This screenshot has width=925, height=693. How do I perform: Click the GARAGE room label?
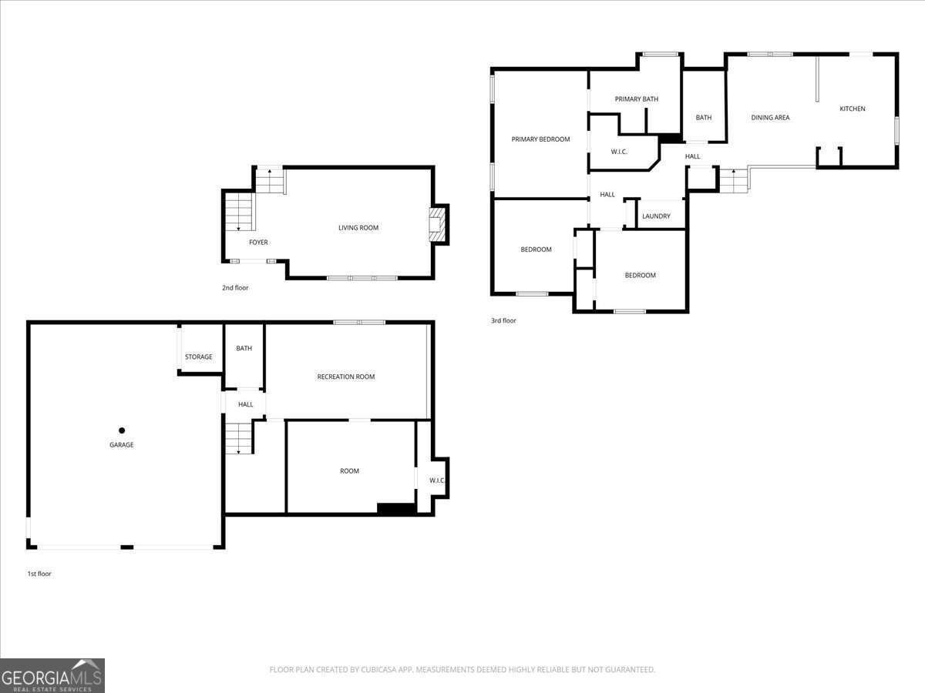click(x=121, y=445)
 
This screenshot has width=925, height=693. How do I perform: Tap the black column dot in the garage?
click(x=122, y=430)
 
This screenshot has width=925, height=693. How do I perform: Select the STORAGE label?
click(x=198, y=357)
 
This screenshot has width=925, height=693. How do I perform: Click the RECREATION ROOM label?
click(x=346, y=377)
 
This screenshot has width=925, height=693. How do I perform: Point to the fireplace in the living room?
click(x=438, y=224)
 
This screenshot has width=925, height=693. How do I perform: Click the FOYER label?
click(x=258, y=243)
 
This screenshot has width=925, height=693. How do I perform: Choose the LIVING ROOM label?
click(x=358, y=228)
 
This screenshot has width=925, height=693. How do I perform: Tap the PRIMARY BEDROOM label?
click(x=540, y=139)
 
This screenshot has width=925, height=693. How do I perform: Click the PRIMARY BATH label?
click(x=636, y=99)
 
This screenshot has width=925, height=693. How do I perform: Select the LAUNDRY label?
click(x=656, y=216)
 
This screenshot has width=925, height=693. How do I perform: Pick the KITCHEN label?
click(x=853, y=109)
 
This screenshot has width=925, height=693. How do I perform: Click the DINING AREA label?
click(x=770, y=118)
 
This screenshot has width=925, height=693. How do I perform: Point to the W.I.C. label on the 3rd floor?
click(x=619, y=152)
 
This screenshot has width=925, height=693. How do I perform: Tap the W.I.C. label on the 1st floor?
click(x=437, y=480)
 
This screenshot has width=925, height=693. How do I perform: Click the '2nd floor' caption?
click(x=235, y=288)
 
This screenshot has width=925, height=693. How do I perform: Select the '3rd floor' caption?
click(x=503, y=320)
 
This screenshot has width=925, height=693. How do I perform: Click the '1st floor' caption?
click(x=39, y=574)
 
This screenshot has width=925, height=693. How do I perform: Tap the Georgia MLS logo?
click(x=52, y=675)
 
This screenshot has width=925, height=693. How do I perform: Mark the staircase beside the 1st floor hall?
click(x=238, y=437)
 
